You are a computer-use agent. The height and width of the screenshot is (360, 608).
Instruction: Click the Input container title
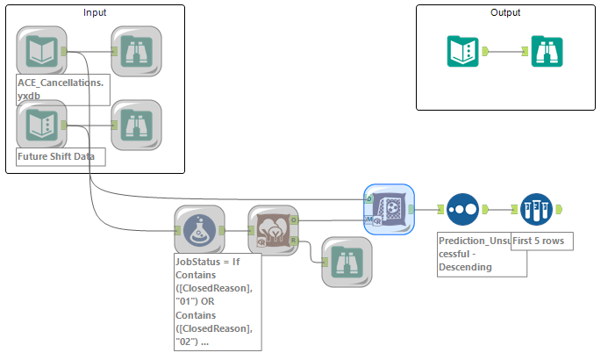[96, 12]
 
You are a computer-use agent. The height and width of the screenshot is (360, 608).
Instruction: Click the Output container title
[505, 12]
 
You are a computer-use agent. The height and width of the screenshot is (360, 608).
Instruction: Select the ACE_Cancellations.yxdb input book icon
[41, 51]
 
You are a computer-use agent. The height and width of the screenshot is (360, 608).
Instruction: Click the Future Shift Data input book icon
[41, 125]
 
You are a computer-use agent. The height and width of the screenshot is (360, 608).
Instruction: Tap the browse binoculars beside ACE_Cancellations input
[136, 51]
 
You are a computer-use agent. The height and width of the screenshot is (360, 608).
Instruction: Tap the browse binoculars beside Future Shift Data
[136, 125]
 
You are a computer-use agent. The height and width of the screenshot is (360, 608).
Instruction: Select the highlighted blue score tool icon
[389, 209]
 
